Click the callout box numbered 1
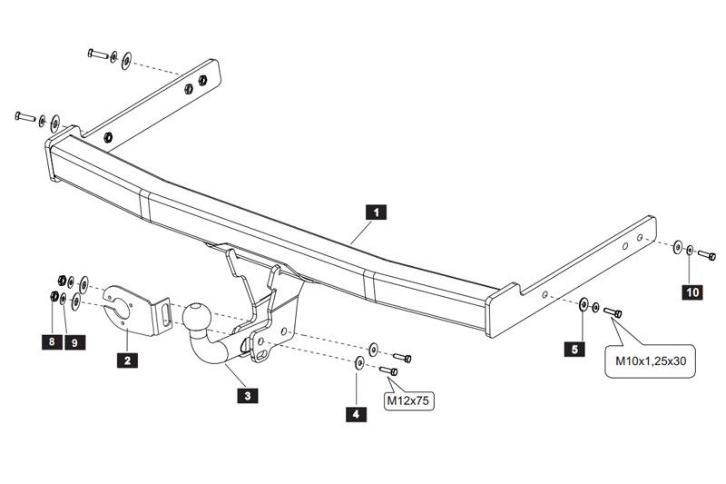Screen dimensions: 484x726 pyautogui.click(x=376, y=212)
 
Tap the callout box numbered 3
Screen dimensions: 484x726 pyautogui.click(x=246, y=395)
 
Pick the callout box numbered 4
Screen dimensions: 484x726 pyautogui.click(x=357, y=414)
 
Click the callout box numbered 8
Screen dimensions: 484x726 pyautogui.click(x=53, y=342)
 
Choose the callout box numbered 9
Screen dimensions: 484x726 pyautogui.click(x=74, y=342)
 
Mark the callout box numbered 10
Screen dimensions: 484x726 pyautogui.click(x=692, y=291)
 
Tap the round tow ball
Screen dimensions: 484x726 pyautogui.click(x=199, y=317)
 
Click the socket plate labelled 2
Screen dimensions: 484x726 pyautogui.click(x=132, y=307)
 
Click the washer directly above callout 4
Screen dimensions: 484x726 pyautogui.click(x=359, y=364)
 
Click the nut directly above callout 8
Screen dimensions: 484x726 pyautogui.click(x=54, y=297)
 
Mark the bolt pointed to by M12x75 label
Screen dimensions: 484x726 pyautogui.click(x=390, y=370)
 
